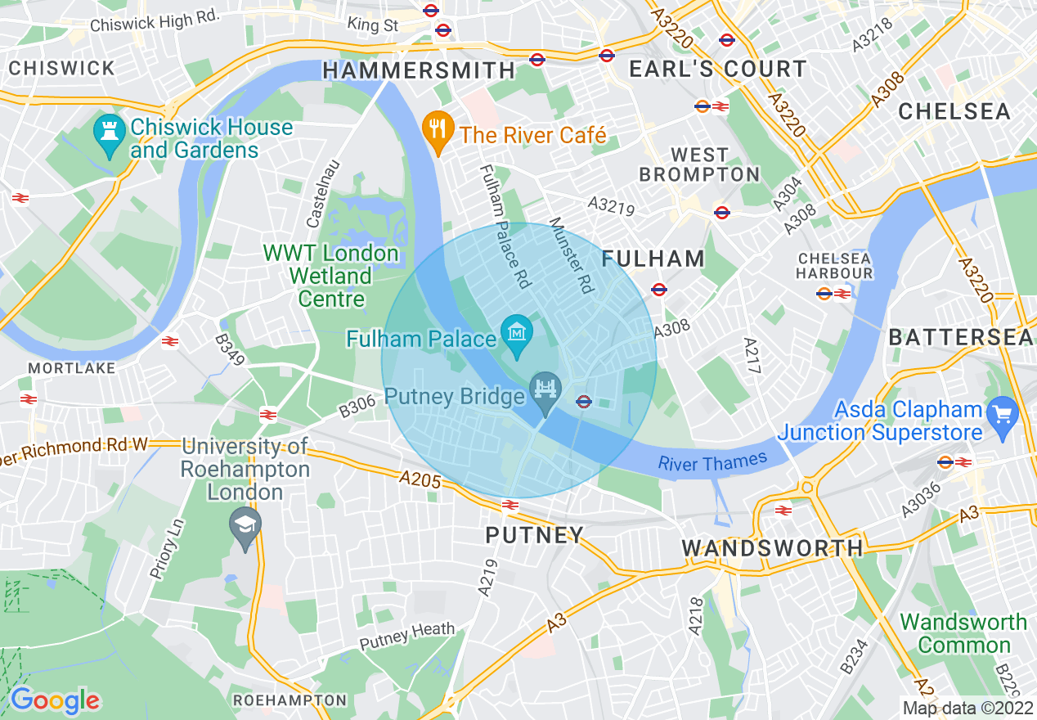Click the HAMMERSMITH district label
[x=419, y=71]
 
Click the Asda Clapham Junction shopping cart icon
[x=1001, y=415]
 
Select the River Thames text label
[x=712, y=462]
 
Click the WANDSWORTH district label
[x=772, y=547]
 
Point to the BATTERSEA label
[x=960, y=337]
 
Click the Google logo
[x=55, y=700]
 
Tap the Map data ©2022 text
[x=967, y=708]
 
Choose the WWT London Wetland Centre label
[x=330, y=276]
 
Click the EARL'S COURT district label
[x=717, y=70]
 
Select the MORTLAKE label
[x=72, y=369]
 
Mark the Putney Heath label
[x=407, y=634]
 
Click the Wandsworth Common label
[x=963, y=633]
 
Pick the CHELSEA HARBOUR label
[x=834, y=266]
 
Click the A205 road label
[x=420, y=479]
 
